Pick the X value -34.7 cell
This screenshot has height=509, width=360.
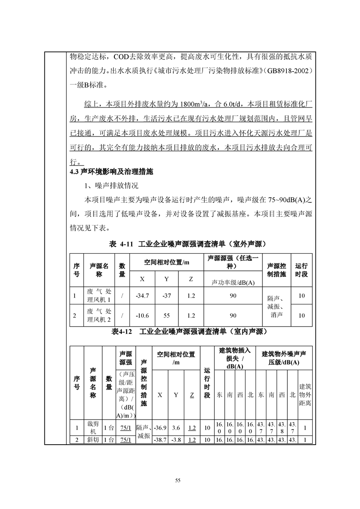[143, 296]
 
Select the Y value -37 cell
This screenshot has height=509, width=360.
[167, 296]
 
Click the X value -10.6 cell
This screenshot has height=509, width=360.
[143, 316]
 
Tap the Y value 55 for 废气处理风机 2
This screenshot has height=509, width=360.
[167, 316]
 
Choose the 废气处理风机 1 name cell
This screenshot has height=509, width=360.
[99, 296]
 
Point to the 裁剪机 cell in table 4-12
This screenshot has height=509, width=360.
[93, 427]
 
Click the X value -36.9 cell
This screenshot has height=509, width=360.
[160, 427]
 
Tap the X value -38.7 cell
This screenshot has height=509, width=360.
[160, 440]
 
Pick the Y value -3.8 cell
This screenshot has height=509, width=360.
[176, 440]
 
